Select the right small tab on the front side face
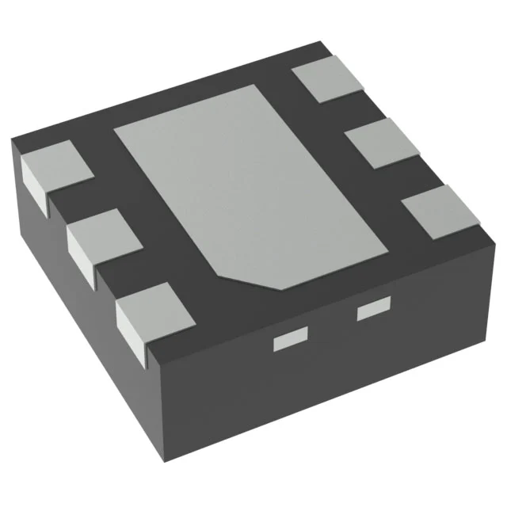click(375, 310)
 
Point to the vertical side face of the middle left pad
click(81, 252)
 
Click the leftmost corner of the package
click(13, 141)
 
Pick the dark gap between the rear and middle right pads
click(349, 111)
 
